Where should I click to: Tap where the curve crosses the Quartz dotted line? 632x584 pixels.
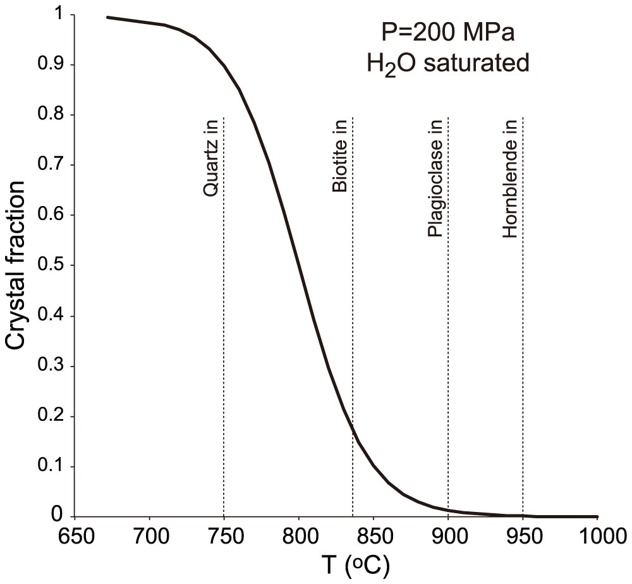(x=224, y=64)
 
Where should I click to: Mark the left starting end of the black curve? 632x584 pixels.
(x=107, y=17)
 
